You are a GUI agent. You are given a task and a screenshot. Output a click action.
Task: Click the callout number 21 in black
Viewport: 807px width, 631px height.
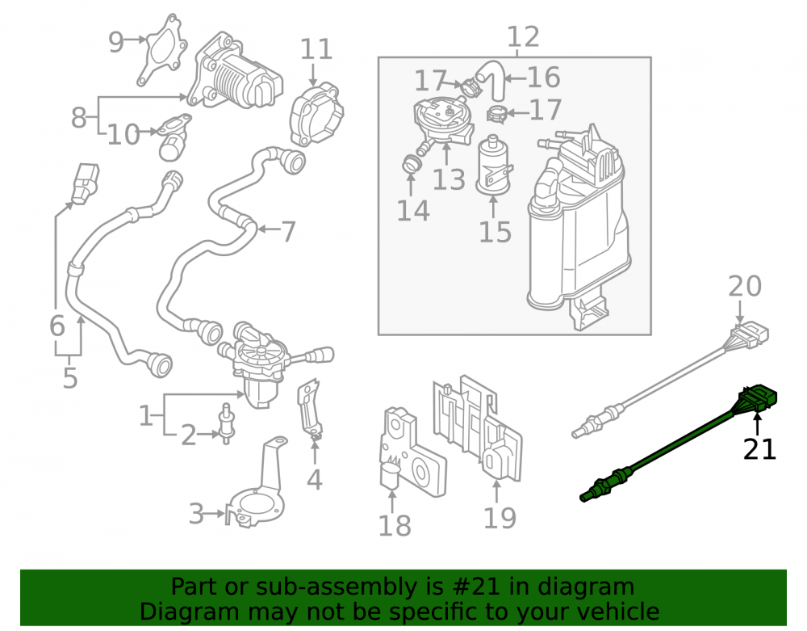point(759,449)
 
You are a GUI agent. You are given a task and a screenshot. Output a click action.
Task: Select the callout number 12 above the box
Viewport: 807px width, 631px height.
point(524,36)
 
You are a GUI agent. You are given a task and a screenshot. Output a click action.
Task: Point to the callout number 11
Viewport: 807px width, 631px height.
point(316,49)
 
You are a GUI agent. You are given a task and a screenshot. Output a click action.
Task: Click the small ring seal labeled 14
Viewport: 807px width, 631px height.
point(412,164)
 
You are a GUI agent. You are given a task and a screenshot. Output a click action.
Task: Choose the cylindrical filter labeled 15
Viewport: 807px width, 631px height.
point(494,166)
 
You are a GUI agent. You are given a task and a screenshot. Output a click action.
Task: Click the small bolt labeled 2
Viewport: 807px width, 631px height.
point(225,423)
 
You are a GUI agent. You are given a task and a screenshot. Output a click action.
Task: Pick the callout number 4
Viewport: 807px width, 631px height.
point(315,480)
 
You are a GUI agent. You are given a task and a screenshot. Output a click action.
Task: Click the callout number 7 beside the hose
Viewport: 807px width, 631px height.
point(288,232)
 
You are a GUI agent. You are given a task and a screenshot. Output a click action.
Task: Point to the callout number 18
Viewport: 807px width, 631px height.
point(395,526)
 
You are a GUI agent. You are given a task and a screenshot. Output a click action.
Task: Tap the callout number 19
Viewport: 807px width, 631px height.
point(500,518)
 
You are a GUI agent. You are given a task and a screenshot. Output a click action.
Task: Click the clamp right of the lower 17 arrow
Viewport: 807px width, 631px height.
point(496,114)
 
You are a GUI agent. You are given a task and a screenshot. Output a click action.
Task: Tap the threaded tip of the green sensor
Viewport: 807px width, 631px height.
point(586,496)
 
